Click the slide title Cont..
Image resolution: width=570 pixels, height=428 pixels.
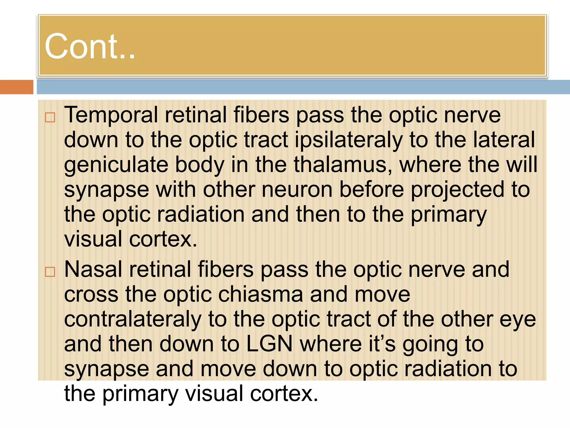coord(90,46)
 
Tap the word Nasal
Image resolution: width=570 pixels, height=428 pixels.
coord(93,269)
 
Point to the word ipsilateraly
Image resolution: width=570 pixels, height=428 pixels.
coord(348,140)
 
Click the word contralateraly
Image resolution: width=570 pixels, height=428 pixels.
coord(133,319)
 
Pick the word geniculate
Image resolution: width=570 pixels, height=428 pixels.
coord(116,165)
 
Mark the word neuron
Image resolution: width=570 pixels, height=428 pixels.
coord(297,189)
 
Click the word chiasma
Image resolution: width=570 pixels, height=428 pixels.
coord(261,295)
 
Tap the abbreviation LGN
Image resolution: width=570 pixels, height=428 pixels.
coord(269,344)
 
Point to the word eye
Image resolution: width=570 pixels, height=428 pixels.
coord(518,320)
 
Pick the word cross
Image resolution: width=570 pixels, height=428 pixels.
coord(91,295)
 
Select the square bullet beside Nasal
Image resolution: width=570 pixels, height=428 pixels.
coord(50,272)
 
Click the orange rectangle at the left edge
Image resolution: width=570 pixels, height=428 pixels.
coord(16,87)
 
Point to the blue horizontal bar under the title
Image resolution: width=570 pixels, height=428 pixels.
coord(303,87)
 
